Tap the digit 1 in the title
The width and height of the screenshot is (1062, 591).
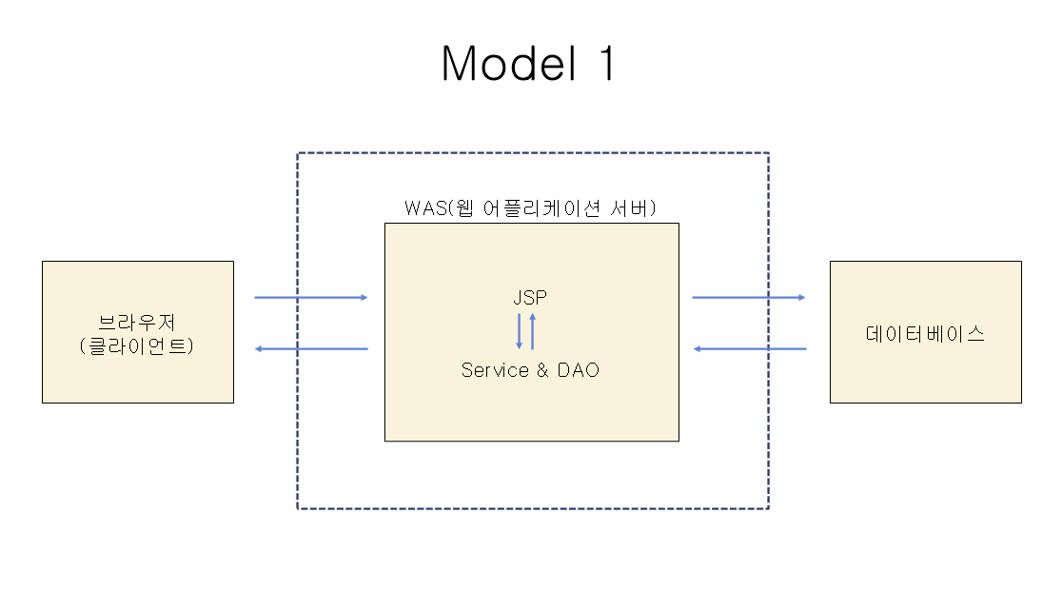click(603, 65)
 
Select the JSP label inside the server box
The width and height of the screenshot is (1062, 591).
click(530, 298)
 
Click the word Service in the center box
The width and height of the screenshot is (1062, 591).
click(495, 370)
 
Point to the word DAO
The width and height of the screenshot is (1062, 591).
click(579, 370)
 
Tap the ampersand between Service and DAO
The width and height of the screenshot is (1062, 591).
click(542, 370)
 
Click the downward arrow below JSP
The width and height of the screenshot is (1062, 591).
click(520, 331)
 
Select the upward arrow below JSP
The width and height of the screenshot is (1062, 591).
click(533, 331)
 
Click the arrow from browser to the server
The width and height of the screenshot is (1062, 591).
click(310, 298)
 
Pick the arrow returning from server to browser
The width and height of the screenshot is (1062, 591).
click(311, 349)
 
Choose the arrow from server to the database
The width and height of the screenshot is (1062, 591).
click(748, 298)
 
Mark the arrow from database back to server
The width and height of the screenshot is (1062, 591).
click(749, 349)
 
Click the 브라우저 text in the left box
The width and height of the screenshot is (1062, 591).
click(137, 322)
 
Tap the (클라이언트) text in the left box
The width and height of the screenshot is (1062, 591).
click(137, 345)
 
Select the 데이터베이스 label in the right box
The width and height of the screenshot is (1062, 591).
click(925, 333)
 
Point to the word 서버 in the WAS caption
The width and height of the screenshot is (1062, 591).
click(637, 208)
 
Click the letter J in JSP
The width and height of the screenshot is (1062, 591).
click(518, 298)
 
